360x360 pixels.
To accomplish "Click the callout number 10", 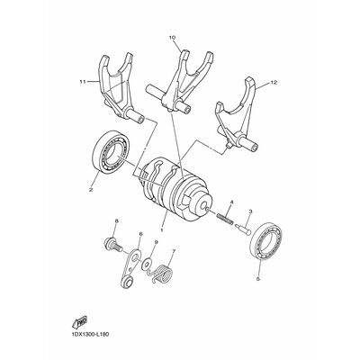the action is point(172,38).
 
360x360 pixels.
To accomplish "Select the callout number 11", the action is point(83,82).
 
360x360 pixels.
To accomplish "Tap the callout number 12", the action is point(274,82).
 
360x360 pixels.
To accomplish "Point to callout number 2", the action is point(90,189).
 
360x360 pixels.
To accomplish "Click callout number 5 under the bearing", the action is point(258,279).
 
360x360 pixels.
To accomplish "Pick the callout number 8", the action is point(117,221).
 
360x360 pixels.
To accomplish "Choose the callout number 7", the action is point(174,251).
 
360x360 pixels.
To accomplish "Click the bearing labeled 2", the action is point(110,152).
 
